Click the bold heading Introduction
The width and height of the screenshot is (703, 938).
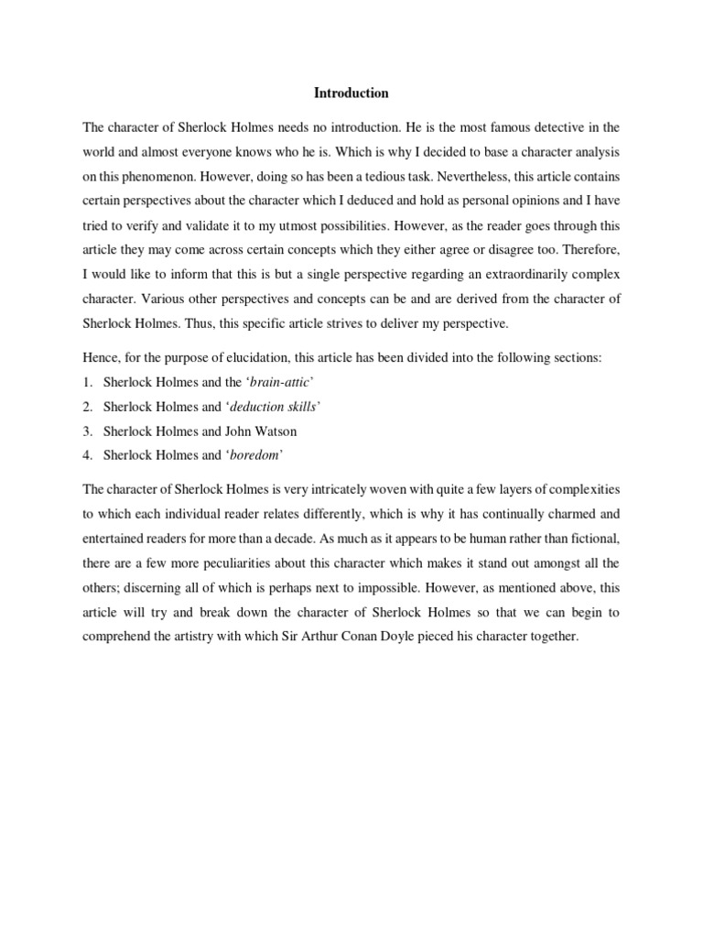[x=351, y=93]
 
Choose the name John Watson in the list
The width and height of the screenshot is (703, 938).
[x=273, y=431]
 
